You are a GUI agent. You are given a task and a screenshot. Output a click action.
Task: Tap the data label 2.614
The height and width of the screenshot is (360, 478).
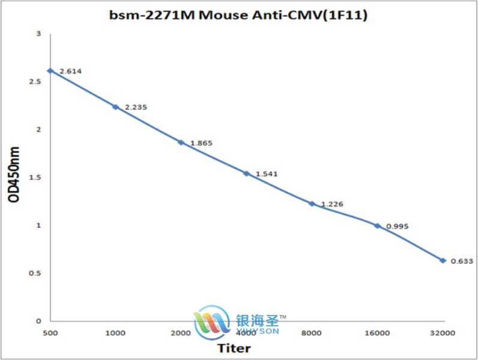point(70,71)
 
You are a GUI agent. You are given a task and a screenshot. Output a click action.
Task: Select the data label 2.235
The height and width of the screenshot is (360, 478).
point(136,107)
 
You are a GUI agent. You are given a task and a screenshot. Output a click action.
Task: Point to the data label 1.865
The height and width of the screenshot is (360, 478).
point(201,143)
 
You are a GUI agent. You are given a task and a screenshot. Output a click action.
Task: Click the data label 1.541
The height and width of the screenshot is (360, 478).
point(267,174)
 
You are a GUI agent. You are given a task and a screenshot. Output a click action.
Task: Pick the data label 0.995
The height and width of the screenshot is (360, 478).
point(398,226)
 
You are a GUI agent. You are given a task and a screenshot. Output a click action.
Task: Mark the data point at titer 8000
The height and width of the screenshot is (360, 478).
point(312,204)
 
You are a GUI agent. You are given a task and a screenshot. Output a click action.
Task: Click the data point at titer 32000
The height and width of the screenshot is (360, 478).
point(443,260)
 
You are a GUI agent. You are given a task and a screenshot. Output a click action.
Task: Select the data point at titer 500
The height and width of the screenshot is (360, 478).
point(50,71)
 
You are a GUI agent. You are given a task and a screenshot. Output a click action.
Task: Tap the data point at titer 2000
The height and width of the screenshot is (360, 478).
point(181,142)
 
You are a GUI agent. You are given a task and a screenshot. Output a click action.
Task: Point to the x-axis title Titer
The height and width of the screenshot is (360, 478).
point(234,348)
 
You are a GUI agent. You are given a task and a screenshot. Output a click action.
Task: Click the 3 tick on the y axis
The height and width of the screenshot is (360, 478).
point(38,34)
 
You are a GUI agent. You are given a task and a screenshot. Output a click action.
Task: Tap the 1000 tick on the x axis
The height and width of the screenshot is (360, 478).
point(115,333)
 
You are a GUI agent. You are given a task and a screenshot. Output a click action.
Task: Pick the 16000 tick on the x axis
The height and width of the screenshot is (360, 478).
point(377,333)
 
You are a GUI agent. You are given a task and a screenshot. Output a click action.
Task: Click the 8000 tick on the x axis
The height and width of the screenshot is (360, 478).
point(312,333)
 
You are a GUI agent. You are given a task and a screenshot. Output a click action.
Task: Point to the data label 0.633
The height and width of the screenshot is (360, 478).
point(463,261)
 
